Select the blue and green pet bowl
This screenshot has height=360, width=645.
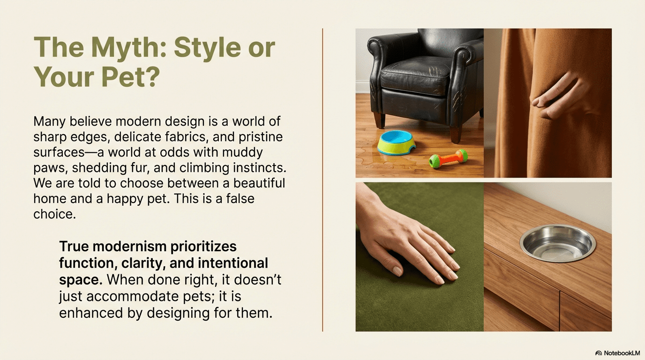pyautogui.click(x=397, y=143)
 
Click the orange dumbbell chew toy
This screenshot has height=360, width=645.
pyautogui.click(x=448, y=158)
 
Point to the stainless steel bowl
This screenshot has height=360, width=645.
pyautogui.click(x=558, y=243)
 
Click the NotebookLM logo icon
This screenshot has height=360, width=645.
pyautogui.click(x=598, y=353)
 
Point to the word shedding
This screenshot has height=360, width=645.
pyautogui.click(x=99, y=168)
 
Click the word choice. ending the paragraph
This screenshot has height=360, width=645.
pyautogui.click(x=54, y=214)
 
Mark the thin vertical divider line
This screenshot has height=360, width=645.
pyautogui.click(x=322, y=180)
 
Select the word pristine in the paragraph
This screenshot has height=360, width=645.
pyautogui.click(x=261, y=137)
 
